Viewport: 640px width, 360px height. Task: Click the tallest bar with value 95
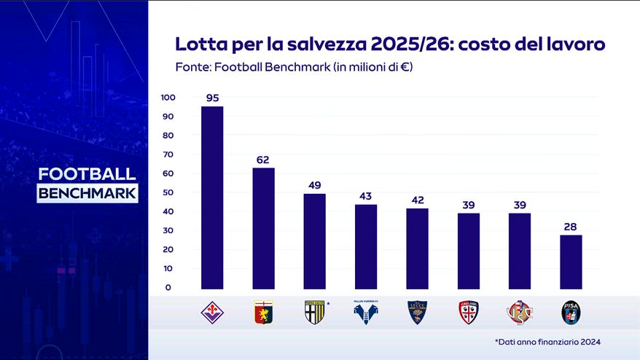tap(212, 197)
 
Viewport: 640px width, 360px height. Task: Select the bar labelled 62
tap(263, 228)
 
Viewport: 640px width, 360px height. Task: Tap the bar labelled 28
tap(571, 262)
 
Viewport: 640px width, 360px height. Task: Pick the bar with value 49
tap(315, 240)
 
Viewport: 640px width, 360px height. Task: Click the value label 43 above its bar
tap(366, 197)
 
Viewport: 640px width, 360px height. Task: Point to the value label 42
tap(417, 200)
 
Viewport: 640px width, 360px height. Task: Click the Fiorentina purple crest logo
tap(212, 313)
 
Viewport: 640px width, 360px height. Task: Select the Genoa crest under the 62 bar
tap(263, 313)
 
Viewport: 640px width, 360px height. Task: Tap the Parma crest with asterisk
tap(314, 313)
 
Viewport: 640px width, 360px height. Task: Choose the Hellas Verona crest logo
tap(365, 313)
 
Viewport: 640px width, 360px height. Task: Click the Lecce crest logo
tap(417, 313)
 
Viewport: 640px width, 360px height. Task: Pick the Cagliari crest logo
tap(468, 313)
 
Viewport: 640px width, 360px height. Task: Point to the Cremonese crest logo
tap(519, 313)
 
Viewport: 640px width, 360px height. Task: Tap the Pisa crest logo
tap(570, 313)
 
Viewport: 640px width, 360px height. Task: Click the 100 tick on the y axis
tap(168, 98)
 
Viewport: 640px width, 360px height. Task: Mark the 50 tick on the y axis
tap(168, 192)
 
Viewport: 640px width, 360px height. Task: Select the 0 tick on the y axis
tap(168, 287)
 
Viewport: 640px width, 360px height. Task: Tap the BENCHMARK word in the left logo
tap(87, 193)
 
